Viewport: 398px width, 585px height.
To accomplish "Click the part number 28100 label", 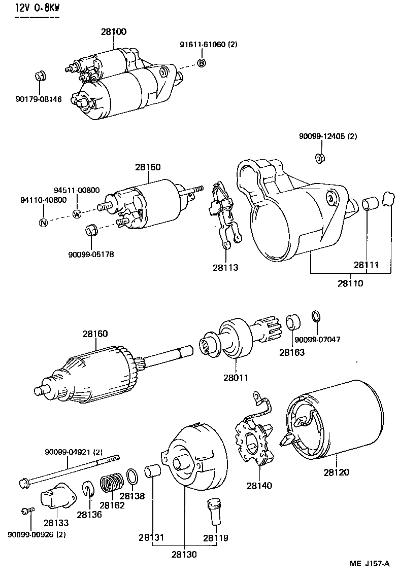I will pos(113,31).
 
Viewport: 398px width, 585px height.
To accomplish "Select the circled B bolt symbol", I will pos(202,63).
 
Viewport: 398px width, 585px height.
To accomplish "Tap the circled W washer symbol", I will pos(77,213).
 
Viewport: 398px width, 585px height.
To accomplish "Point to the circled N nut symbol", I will pos(44,223).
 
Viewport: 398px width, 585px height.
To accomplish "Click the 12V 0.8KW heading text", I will pos(37,8).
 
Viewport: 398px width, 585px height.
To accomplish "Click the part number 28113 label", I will pos(226,267).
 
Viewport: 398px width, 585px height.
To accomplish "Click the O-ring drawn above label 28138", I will pos(132,477).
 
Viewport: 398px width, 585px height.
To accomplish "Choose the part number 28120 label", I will pos(336,472).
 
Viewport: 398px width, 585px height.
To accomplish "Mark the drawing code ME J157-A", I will pos(369,564).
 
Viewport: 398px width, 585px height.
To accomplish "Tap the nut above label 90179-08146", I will pos(40,77).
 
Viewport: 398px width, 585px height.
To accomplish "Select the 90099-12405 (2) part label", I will pos(328,136).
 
